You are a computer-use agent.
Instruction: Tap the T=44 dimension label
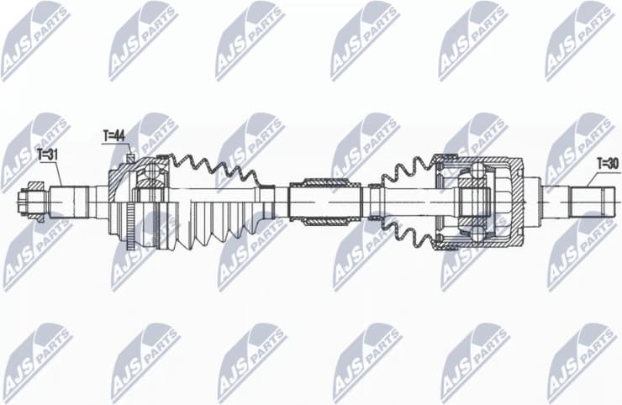tap(114, 134)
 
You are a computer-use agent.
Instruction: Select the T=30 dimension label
tap(608, 163)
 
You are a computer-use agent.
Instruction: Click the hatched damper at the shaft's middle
tap(324, 201)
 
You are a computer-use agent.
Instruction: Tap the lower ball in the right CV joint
tap(477, 231)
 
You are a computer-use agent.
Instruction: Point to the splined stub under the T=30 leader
tap(593, 201)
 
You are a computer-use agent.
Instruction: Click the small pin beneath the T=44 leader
tap(130, 156)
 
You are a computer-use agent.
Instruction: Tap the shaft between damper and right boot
tap(372, 202)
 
